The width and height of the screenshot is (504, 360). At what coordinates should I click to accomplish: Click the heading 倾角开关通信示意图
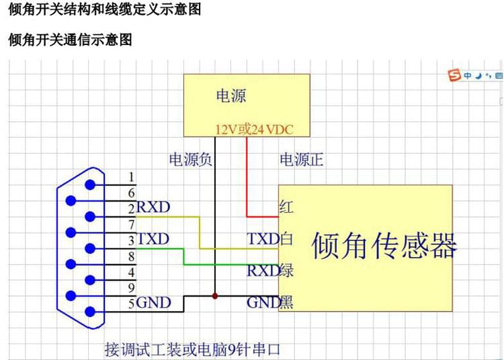click(x=70, y=40)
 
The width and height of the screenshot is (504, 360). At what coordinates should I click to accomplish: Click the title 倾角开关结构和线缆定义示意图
click(x=104, y=11)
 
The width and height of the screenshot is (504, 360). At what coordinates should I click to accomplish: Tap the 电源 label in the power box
click(x=231, y=96)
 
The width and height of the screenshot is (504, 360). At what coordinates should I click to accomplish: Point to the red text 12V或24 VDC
click(x=254, y=129)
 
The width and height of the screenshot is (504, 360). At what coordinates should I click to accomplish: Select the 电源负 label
click(x=190, y=160)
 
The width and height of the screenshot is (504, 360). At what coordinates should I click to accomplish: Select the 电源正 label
click(x=302, y=160)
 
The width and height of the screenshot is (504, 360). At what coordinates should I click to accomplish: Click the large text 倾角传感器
click(x=384, y=246)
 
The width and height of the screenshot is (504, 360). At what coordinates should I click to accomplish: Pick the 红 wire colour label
click(x=286, y=206)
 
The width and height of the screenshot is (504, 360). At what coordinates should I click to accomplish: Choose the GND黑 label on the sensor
click(x=270, y=302)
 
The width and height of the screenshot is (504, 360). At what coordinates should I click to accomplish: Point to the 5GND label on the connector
click(x=149, y=303)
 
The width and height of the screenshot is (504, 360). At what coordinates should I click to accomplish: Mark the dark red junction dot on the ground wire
click(x=215, y=296)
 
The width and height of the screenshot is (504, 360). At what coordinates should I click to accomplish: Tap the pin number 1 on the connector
click(x=132, y=177)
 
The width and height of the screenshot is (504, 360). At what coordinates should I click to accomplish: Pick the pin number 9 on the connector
click(x=132, y=287)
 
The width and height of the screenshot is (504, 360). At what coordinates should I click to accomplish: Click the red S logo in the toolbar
click(x=455, y=75)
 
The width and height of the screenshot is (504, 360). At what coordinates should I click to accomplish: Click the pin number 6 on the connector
click(x=132, y=193)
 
